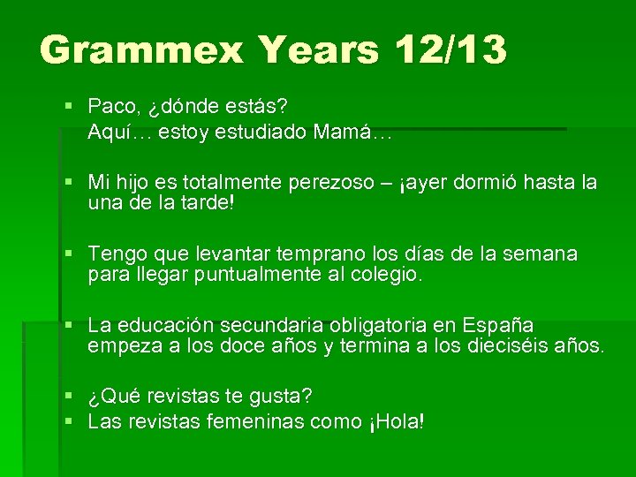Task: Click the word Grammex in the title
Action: [141, 50]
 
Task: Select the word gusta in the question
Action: [276, 395]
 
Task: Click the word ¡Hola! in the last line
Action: [396, 422]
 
